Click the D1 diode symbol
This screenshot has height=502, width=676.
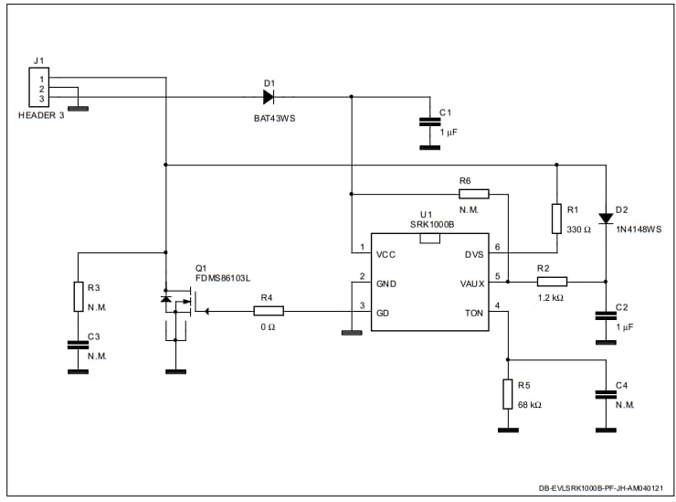click(269, 97)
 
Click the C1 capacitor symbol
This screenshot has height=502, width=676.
click(426, 121)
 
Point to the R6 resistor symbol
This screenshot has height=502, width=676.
click(474, 194)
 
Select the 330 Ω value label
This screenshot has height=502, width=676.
click(580, 229)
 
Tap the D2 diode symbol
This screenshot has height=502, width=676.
click(606, 218)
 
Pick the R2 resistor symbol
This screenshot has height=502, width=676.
click(552, 282)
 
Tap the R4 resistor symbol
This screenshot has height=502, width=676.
click(267, 312)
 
